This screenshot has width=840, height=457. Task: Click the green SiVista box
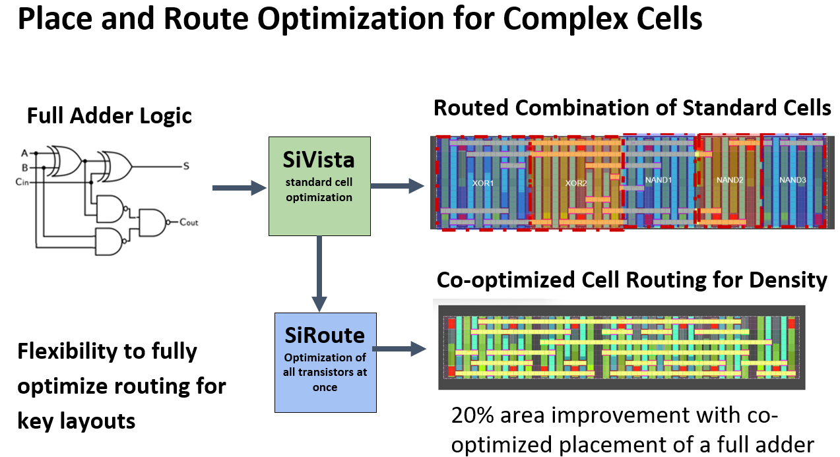[x=319, y=185]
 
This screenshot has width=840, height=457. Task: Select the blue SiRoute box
[x=325, y=362]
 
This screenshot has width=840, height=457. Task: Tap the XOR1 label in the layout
[x=483, y=183]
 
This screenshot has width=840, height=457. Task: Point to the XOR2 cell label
[x=576, y=183]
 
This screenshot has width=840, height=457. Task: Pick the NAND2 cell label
[x=730, y=179]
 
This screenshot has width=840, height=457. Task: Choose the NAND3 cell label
[x=792, y=179]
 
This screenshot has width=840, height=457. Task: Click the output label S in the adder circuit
[x=186, y=166]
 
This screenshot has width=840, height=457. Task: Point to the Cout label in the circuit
[x=189, y=222]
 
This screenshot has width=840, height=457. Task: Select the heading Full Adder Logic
[x=109, y=115]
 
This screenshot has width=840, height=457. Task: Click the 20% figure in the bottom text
[x=474, y=416]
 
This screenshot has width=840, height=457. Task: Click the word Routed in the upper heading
[x=469, y=107]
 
